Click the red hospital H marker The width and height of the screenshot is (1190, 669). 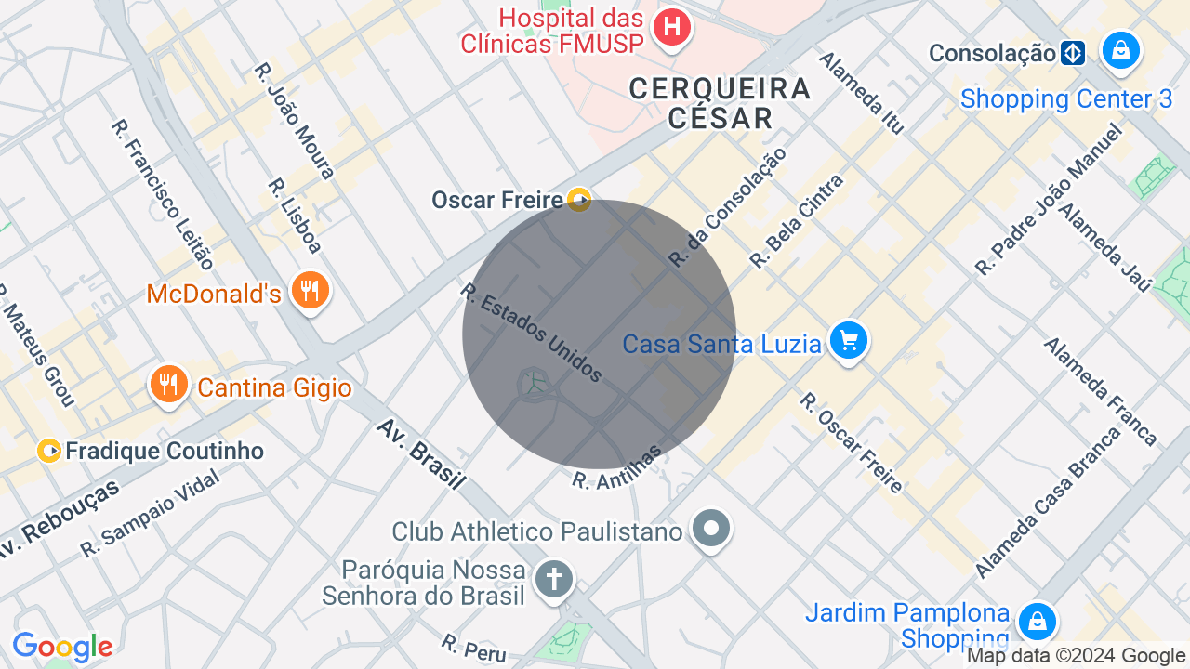coord(671,27)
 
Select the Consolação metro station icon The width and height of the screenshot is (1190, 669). coord(1073,53)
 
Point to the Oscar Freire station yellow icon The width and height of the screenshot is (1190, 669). coord(578,199)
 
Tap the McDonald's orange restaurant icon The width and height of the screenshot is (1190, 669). coord(309,291)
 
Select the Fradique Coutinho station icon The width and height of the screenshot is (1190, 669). coord(49,452)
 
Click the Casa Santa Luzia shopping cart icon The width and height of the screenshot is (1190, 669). coord(848,340)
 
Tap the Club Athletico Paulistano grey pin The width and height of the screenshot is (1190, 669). coord(711,529)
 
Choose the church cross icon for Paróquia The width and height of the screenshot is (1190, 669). coord(553,580)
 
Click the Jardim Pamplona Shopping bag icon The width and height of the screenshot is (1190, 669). coord(1036,620)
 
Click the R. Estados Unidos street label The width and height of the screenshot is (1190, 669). coord(531,333)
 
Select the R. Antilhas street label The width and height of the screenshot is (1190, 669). coord(616,467)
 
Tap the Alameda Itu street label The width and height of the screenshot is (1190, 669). coord(861,92)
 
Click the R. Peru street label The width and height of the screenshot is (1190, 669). coord(474,649)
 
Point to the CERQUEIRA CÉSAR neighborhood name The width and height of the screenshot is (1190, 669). coord(720,103)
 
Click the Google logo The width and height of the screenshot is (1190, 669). coord(62,648)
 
